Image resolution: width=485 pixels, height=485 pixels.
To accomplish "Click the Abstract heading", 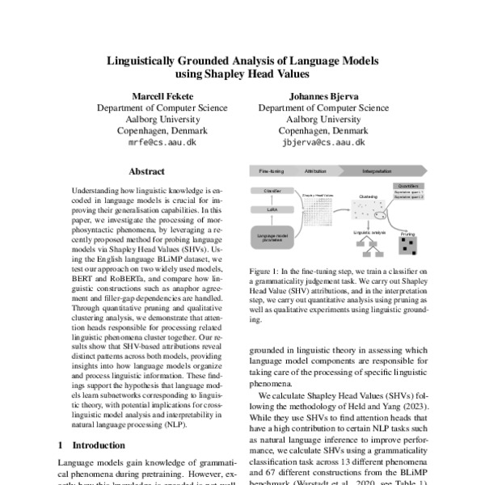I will click(146, 171).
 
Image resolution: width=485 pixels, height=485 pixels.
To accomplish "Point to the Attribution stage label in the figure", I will click(315, 172).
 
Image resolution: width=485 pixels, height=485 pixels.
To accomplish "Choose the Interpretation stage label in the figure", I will click(377, 172).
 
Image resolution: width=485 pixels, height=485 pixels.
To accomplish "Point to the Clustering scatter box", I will click(368, 211).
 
